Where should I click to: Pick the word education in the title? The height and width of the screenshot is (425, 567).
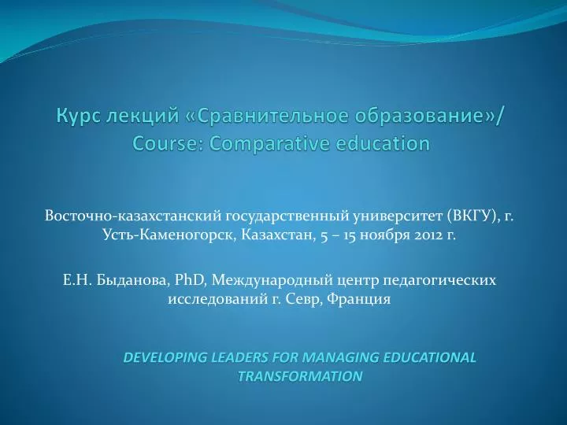point(382,144)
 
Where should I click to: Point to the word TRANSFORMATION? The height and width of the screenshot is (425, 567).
point(300,376)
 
